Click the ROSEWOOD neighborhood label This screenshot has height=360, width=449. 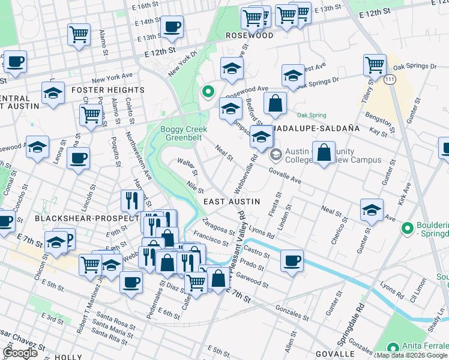coord(249,35)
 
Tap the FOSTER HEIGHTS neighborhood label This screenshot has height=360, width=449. coord(108,90)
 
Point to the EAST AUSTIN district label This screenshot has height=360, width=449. coord(231,202)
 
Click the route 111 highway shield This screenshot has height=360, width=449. coord(390,80)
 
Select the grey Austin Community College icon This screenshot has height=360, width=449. coord(276,154)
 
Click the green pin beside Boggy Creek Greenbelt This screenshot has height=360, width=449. coord(208,92)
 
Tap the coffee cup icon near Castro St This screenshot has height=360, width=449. coord(292,260)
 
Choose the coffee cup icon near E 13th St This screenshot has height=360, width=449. coord(172,26)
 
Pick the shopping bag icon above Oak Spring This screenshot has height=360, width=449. coord(274,102)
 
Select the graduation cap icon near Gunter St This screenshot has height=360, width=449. coord(372,211)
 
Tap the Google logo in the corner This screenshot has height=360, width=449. coord(19,353)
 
